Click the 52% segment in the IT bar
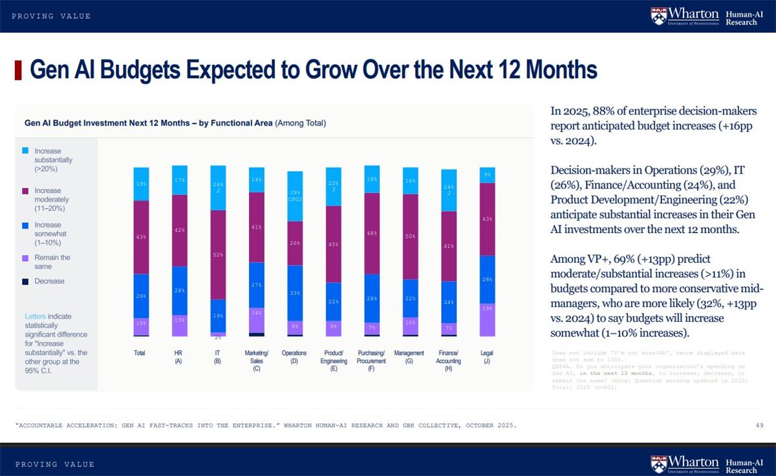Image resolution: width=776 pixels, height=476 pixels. tap(218, 255)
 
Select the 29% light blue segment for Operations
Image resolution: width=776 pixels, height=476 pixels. tap(295, 196)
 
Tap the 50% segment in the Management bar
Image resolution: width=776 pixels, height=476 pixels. tap(409, 236)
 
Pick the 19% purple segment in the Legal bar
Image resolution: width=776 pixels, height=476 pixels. tap(487, 319)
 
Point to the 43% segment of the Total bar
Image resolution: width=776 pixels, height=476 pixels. tap(141, 237)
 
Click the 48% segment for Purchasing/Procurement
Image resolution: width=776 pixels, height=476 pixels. tap(372, 233)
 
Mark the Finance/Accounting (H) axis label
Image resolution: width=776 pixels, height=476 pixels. tap(448, 361)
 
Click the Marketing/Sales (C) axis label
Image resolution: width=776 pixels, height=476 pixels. tap(257, 361)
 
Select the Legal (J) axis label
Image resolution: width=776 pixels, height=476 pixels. tap(487, 357)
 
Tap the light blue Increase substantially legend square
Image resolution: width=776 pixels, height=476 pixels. tap(25, 151)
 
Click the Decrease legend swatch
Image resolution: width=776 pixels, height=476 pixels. tap(25, 282)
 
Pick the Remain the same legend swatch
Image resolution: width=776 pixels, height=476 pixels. tap(25, 258)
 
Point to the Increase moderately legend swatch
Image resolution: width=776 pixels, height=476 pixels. tap(25, 191)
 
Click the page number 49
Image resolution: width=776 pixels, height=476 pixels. tap(759, 425)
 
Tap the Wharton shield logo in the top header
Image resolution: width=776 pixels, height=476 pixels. tap(658, 16)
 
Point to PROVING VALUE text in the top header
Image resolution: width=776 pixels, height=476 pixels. tap(51, 16)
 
